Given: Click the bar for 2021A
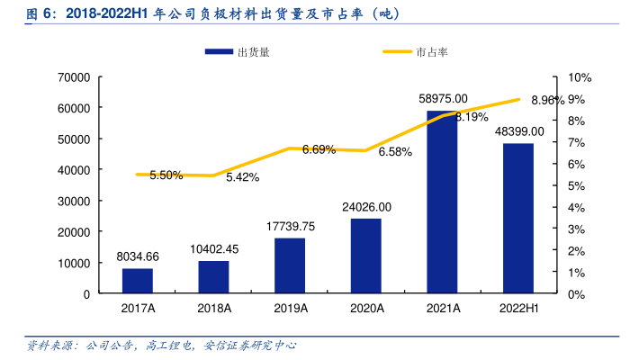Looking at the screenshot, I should click(x=442, y=202).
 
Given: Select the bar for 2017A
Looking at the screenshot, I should click(x=138, y=281).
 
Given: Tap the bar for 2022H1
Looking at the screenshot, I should click(x=517, y=219).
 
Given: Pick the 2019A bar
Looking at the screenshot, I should click(x=290, y=265).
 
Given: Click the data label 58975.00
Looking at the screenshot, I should click(x=443, y=98).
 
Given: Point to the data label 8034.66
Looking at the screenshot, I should click(x=138, y=256).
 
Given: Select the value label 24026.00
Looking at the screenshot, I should click(x=366, y=207).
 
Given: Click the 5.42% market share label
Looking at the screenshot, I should click(x=242, y=177).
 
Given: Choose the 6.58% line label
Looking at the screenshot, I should click(x=395, y=152).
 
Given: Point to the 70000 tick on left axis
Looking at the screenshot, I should click(x=72, y=77).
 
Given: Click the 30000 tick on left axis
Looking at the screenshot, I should click(x=72, y=201).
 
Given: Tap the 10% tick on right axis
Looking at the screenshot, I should click(x=580, y=77).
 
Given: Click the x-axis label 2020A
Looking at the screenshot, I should click(x=366, y=308).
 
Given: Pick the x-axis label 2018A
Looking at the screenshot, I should click(x=214, y=308).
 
